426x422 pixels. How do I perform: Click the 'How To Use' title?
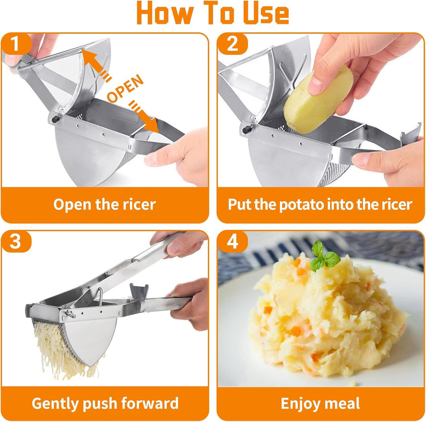pyautogui.click(x=213, y=13)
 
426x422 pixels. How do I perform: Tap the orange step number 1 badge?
pyautogui.click(x=15, y=44)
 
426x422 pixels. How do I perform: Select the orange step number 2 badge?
pyautogui.click(x=233, y=44)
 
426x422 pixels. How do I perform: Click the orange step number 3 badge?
pyautogui.click(x=15, y=241)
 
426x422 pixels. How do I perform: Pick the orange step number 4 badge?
pyautogui.click(x=233, y=241)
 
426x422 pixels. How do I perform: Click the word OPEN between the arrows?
pyautogui.click(x=125, y=89)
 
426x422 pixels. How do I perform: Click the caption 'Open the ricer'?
pyautogui.click(x=105, y=204)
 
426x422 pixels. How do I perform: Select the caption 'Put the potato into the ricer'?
pyautogui.click(x=320, y=204)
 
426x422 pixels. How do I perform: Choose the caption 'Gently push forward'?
pyautogui.click(x=105, y=403)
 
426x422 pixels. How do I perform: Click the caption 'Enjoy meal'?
pyautogui.click(x=320, y=403)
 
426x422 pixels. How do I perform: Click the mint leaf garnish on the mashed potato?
pyautogui.click(x=324, y=257)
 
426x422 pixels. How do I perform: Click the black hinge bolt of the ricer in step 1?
pyautogui.click(x=56, y=119)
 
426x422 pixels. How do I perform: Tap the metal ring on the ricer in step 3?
pyautogui.click(x=71, y=314)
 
